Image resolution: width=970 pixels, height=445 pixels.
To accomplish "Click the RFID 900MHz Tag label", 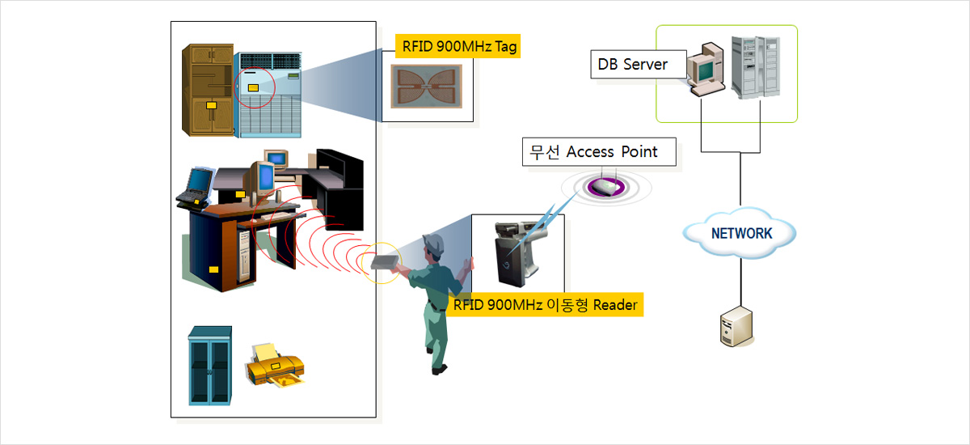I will click(x=458, y=46).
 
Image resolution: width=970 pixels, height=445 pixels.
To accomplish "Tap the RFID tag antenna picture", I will click(x=426, y=87).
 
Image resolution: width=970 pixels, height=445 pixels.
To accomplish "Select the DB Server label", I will click(x=633, y=64).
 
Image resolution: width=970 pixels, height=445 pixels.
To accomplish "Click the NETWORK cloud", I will click(x=740, y=234).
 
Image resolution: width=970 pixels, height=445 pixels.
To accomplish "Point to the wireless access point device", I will click(x=605, y=188).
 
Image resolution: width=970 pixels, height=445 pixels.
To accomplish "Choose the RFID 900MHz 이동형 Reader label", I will click(x=545, y=305).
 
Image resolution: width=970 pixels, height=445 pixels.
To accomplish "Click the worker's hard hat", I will click(x=434, y=241).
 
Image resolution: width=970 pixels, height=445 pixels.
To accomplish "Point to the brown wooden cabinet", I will click(x=208, y=91).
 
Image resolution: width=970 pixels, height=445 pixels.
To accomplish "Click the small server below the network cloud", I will click(x=732, y=327).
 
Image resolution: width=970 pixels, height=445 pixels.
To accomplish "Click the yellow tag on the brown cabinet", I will click(x=211, y=105).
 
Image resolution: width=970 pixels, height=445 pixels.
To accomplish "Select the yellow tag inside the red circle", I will click(x=253, y=87).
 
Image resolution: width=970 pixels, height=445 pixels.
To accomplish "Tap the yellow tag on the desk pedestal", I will click(x=214, y=269).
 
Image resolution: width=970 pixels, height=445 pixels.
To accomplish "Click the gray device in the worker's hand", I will click(x=385, y=262).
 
